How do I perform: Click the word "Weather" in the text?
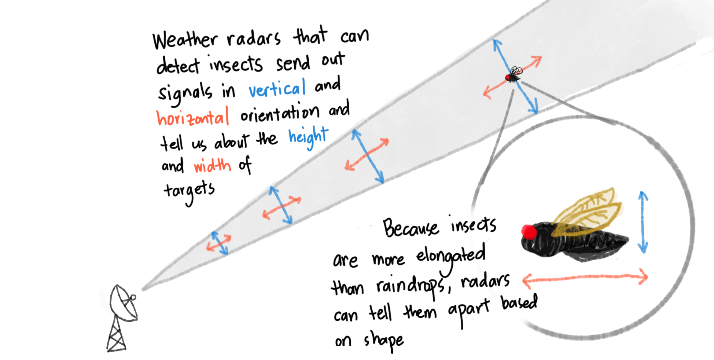click(185, 40)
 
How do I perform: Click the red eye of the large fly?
click(529, 232)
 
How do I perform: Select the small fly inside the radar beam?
click(514, 75)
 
